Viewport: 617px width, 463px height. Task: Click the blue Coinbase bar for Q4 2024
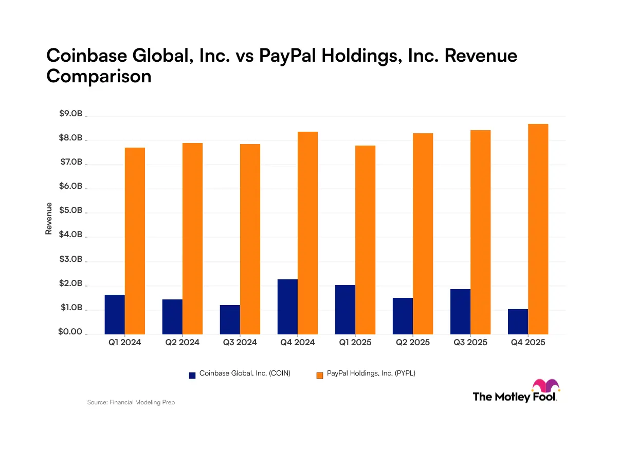pyautogui.click(x=287, y=307)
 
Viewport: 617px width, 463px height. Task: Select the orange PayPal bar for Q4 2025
pyautogui.click(x=538, y=229)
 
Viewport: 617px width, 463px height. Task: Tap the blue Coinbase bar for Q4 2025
pyautogui.click(x=518, y=322)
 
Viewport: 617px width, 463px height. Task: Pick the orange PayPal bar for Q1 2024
pyautogui.click(x=135, y=241)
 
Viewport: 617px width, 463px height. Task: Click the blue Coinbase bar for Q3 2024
pyautogui.click(x=230, y=319)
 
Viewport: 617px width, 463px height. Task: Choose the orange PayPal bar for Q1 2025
pyautogui.click(x=366, y=240)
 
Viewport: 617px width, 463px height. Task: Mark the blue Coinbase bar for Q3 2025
pyautogui.click(x=460, y=311)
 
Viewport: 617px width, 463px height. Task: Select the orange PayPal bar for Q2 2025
pyautogui.click(x=423, y=234)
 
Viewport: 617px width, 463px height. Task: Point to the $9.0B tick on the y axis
pyautogui.click(x=70, y=114)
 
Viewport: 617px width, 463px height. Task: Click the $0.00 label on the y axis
pyautogui.click(x=70, y=332)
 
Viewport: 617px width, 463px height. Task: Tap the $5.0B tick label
pyautogui.click(x=70, y=211)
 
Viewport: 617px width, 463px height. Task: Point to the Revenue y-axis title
pyautogui.click(x=49, y=219)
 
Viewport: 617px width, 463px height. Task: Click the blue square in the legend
pyautogui.click(x=192, y=375)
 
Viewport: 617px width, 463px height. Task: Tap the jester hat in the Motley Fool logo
pyautogui.click(x=546, y=386)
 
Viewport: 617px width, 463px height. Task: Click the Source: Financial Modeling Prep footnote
pyautogui.click(x=131, y=402)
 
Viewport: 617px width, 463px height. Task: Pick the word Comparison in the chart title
pyautogui.click(x=99, y=76)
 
